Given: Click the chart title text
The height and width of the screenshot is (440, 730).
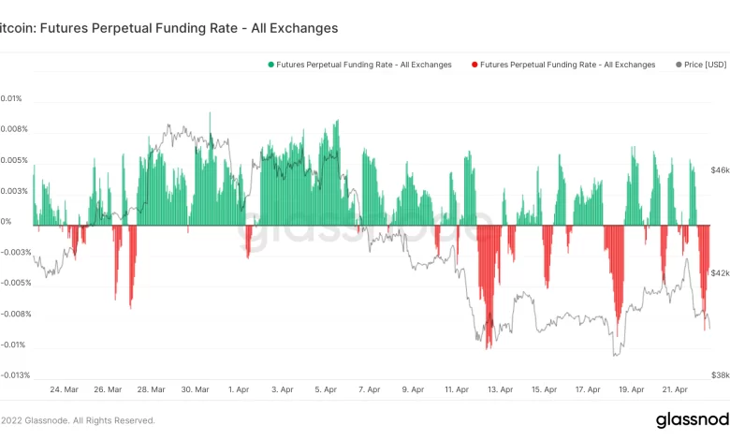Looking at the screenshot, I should coord(168,28).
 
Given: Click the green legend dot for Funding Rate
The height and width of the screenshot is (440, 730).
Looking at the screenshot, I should coord(271,65).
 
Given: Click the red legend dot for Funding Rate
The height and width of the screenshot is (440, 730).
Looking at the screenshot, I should coord(474,65).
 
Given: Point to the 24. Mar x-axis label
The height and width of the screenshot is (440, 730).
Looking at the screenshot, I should coord(65,389).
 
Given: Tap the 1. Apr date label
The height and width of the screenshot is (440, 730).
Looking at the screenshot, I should coord(239,389).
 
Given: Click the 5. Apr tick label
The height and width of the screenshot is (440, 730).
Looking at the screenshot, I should coord(325,389).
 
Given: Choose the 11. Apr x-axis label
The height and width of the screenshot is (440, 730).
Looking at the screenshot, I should coord(457,389).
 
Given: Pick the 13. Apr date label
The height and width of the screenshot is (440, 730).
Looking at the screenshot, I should coord(501,389).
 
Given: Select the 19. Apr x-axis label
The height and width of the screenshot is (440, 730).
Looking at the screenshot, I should coord(632,389).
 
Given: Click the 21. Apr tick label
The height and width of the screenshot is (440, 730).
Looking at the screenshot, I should coord(676,389).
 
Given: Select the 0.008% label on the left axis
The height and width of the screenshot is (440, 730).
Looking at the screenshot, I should coord(14,129).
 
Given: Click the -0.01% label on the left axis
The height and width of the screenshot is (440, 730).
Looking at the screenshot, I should coord(13,345).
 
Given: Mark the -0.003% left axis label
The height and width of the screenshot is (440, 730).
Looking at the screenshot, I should coord(16,253).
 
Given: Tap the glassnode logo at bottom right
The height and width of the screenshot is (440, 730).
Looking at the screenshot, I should coord(693,419).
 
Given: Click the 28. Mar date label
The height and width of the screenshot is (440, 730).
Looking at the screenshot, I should coord(152,389).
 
